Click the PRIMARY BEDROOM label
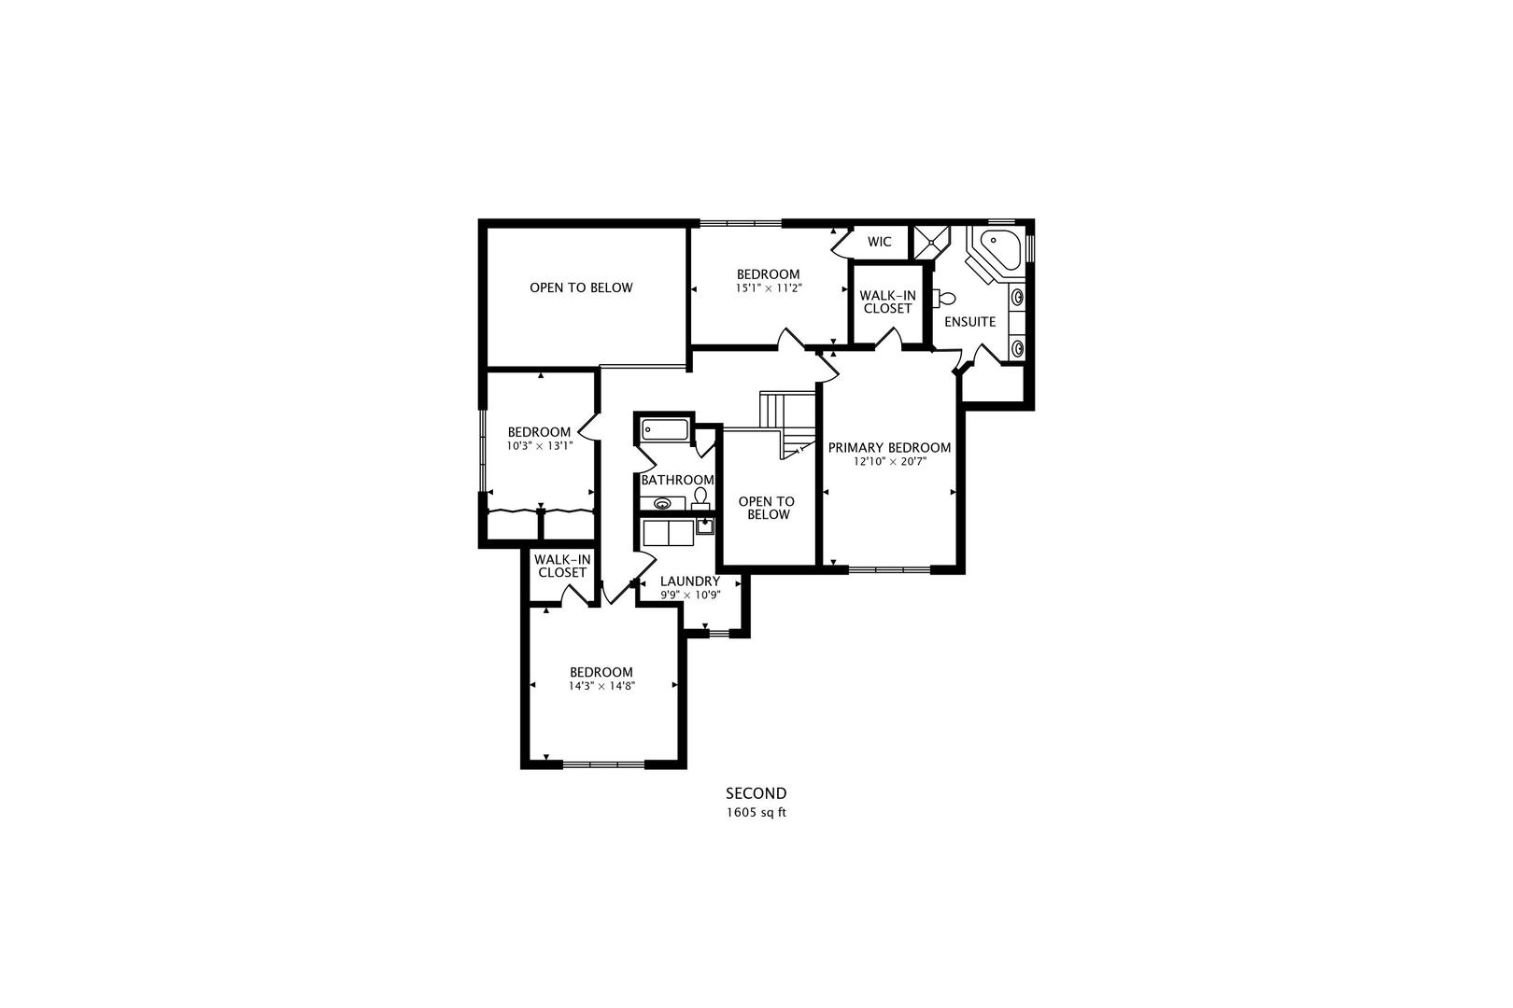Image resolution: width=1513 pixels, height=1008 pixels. [x=889, y=447]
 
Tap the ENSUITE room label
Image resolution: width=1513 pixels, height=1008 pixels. [x=969, y=321]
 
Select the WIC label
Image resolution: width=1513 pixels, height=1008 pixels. [x=879, y=242]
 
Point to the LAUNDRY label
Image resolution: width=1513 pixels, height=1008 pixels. [x=689, y=581]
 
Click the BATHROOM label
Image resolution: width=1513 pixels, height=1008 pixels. [x=677, y=480]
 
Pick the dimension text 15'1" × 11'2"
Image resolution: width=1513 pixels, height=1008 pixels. [x=768, y=288]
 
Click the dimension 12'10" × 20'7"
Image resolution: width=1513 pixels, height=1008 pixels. [x=889, y=461]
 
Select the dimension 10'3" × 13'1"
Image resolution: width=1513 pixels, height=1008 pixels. [x=539, y=446]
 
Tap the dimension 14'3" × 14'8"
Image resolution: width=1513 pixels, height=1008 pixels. [x=601, y=685]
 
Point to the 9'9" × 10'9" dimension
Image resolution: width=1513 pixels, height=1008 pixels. [x=689, y=595]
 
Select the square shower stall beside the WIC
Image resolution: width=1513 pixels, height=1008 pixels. [x=930, y=242]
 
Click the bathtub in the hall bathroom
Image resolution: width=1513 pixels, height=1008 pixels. [x=665, y=430]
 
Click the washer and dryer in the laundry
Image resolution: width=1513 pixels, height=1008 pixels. [x=669, y=532]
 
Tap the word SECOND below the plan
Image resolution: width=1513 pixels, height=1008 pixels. [x=756, y=793]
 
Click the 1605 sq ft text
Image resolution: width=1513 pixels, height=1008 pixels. [x=756, y=812]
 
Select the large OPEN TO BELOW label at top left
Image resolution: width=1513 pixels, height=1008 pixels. [x=581, y=287]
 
